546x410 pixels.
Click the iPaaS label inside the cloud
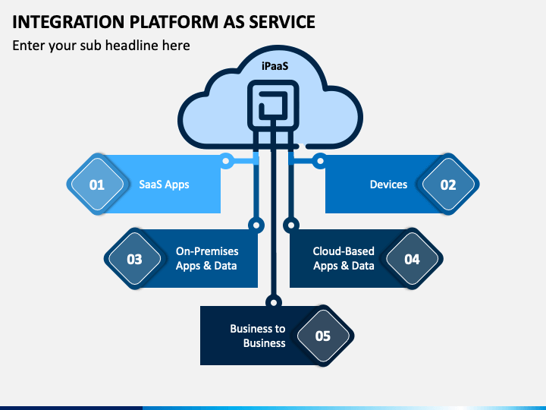click(275, 66)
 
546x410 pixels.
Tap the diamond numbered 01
click(98, 184)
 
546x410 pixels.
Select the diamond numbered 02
click(448, 184)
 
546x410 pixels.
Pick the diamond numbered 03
click(135, 259)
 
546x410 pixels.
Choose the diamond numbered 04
click(413, 259)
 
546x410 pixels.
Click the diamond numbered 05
click(323, 336)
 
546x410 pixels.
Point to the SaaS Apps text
click(164, 184)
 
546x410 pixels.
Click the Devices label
click(388, 184)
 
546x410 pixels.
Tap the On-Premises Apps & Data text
click(207, 258)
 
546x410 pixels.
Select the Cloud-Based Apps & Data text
click(344, 258)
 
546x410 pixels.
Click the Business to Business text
click(258, 336)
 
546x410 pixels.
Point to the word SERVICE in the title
click(282, 21)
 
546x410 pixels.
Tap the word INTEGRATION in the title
click(68, 21)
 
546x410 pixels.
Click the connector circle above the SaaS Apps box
click(226, 161)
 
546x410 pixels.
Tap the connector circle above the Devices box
click(320, 161)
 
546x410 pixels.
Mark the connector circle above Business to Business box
click(274, 302)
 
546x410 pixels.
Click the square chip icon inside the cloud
click(273, 105)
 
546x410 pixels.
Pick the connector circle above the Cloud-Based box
click(291, 225)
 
